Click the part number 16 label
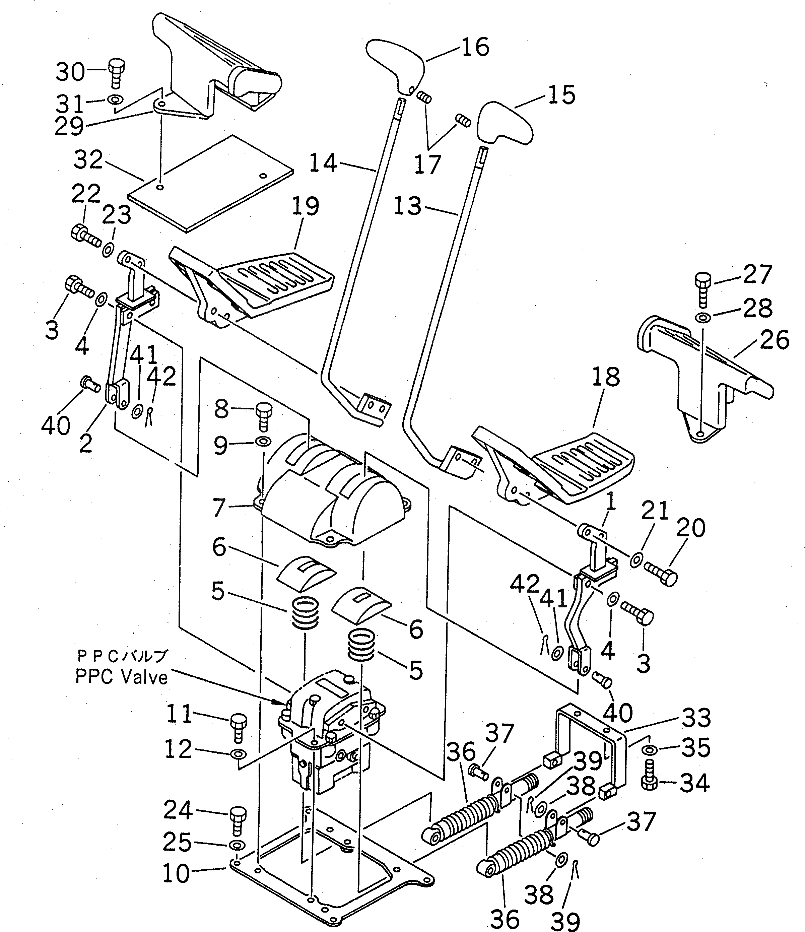(475, 47)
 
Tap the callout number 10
(176, 873)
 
